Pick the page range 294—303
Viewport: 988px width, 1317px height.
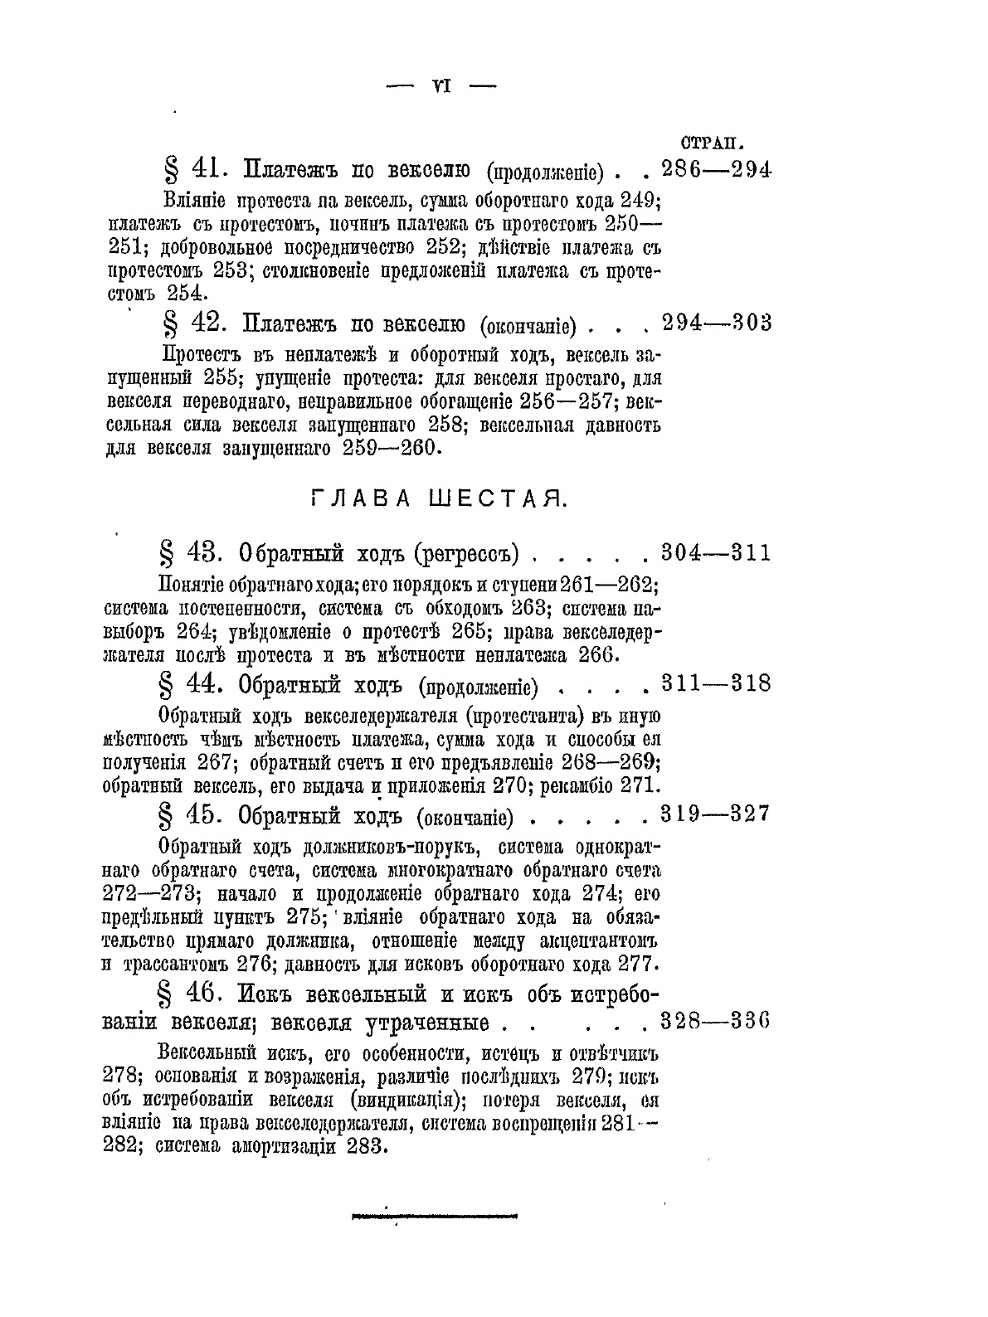point(718,322)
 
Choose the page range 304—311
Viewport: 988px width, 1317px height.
point(717,552)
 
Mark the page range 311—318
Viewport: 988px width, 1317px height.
point(717,684)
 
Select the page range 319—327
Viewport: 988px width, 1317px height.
point(717,814)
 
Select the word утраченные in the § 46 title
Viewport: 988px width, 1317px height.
point(426,1023)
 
